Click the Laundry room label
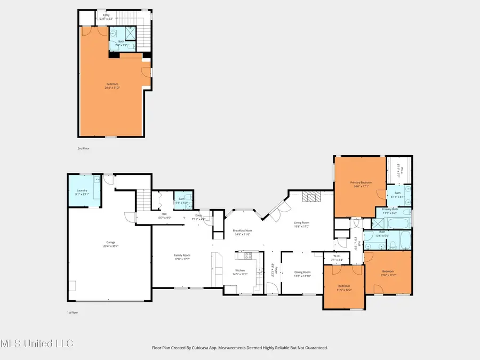point(81,190)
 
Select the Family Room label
point(182,255)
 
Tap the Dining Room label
point(302,272)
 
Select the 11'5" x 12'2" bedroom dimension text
point(343,290)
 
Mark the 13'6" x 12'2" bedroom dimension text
point(388,275)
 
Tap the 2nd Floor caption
point(83,148)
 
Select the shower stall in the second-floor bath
point(131,34)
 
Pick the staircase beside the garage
point(141,202)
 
